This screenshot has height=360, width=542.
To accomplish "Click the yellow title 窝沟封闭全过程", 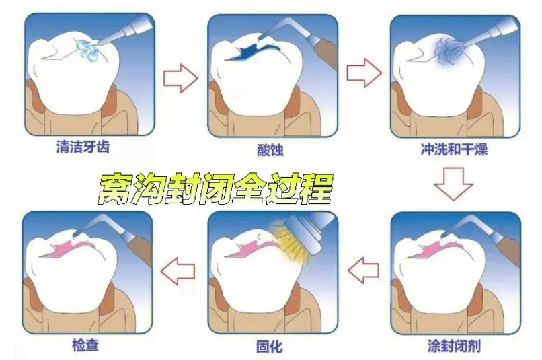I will click(x=215, y=189).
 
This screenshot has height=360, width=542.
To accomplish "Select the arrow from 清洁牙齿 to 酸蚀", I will click(x=180, y=79).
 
